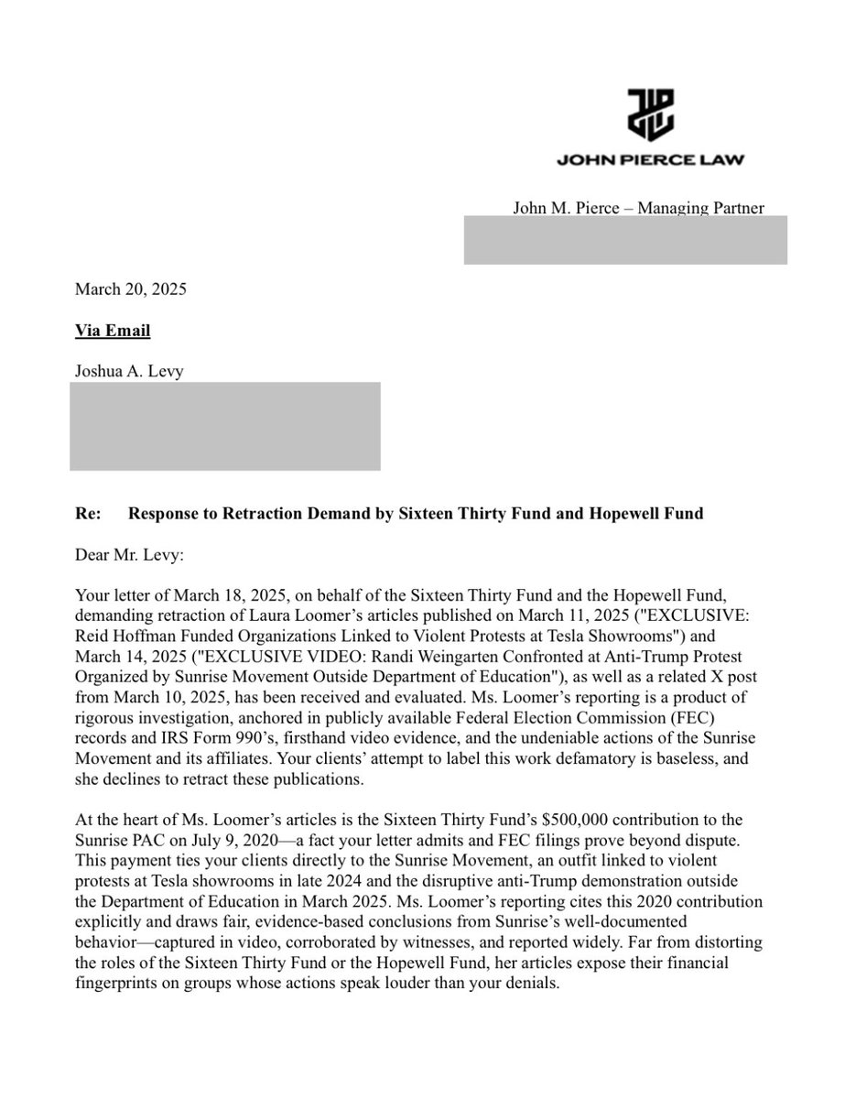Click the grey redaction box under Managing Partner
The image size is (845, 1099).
pyautogui.click(x=624, y=240)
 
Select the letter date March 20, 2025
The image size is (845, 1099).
pyautogui.click(x=130, y=290)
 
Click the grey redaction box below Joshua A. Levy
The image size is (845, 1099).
pyautogui.click(x=225, y=426)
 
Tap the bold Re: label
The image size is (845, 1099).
pyautogui.click(x=88, y=513)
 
